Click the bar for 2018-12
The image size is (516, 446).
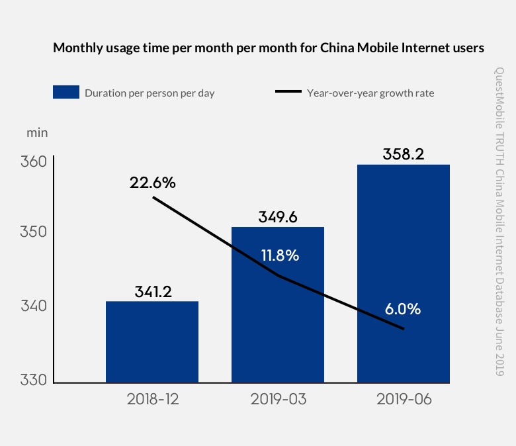click(x=152, y=342)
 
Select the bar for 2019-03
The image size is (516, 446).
click(x=278, y=305)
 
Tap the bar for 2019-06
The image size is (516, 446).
click(x=404, y=273)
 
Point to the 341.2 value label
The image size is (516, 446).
click(x=152, y=291)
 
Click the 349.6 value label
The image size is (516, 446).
click(x=278, y=216)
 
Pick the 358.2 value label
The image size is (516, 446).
click(x=404, y=154)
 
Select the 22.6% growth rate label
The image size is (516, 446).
click(x=153, y=183)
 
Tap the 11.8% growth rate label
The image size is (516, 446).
click(x=279, y=255)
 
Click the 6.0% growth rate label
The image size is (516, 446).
click(x=402, y=309)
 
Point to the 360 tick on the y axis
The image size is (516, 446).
click(x=31, y=163)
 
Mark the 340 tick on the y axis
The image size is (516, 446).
click(x=31, y=306)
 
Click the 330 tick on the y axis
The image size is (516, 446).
click(x=31, y=380)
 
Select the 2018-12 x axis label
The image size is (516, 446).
click(x=152, y=400)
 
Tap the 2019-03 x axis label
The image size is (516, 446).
click(x=278, y=400)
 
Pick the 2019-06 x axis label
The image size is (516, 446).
click(x=404, y=400)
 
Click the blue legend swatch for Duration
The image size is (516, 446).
click(x=66, y=93)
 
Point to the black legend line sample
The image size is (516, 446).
click(x=288, y=93)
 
